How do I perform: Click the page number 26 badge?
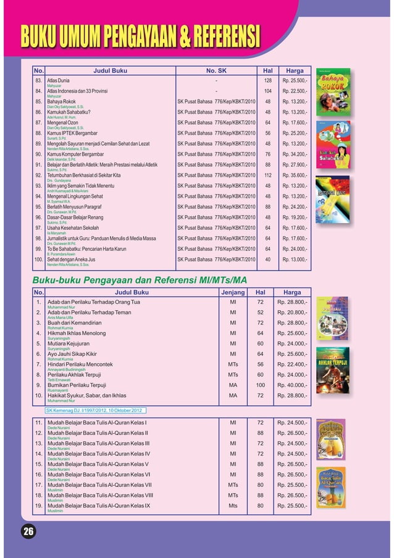[x=28, y=531]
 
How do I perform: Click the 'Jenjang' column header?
[x=233, y=292]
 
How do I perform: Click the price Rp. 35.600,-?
[x=294, y=175]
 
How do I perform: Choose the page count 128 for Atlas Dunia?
[x=268, y=81]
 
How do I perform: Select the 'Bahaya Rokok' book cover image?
[x=333, y=92]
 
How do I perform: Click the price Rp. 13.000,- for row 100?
[x=294, y=260]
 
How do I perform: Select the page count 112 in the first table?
[x=268, y=175]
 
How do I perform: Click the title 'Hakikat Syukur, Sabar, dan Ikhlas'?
[x=87, y=395]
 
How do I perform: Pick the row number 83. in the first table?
[x=38, y=81]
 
